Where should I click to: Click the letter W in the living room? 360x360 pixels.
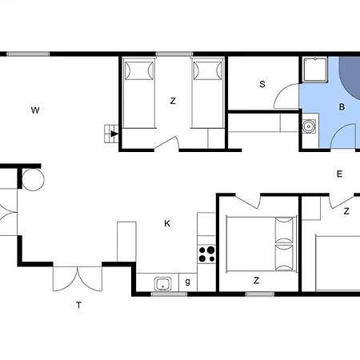[35, 110]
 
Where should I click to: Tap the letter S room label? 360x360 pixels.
[262, 84]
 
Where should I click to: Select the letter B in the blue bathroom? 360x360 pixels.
[342, 107]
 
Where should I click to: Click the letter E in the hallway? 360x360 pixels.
[339, 174]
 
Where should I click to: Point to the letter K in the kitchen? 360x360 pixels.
[167, 223]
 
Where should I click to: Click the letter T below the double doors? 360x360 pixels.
[78, 305]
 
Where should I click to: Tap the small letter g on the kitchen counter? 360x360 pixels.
[188, 282]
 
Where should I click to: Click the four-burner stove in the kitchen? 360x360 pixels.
[206, 254]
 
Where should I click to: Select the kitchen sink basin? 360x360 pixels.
[162, 284]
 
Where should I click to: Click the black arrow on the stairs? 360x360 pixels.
[114, 134]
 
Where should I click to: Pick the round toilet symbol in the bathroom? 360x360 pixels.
[309, 126]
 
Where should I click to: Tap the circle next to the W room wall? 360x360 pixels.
[33, 179]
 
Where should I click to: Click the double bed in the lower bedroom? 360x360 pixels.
[262, 245]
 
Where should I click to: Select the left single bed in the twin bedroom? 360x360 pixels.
[138, 93]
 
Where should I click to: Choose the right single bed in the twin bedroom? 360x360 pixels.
[207, 93]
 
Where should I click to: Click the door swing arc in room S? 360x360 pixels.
[282, 90]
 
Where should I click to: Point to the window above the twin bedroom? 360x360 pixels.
[174, 54]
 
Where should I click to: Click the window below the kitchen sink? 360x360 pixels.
[169, 294]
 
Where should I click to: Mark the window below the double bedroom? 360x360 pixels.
[260, 294]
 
